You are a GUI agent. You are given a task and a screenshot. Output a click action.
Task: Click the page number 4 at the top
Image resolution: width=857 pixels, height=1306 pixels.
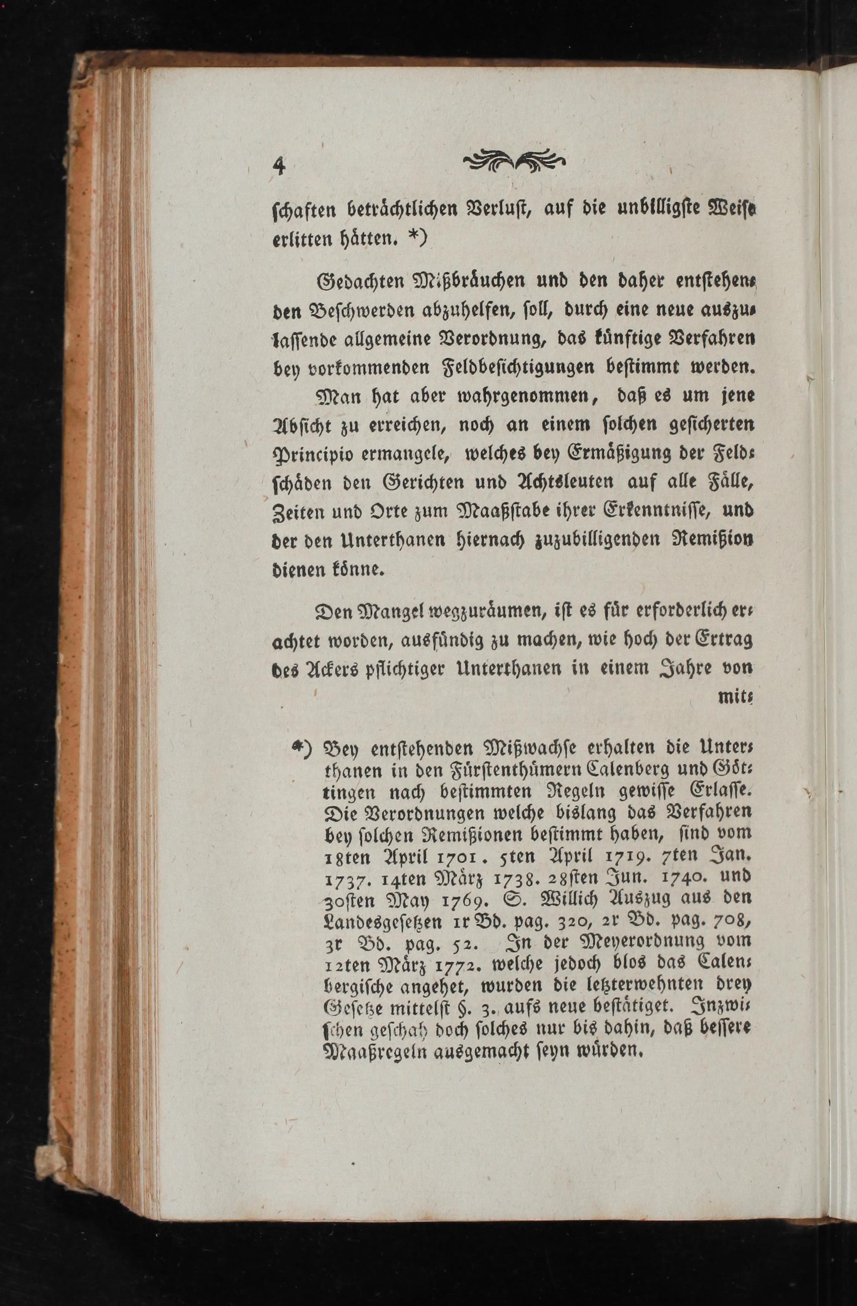coord(280,165)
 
